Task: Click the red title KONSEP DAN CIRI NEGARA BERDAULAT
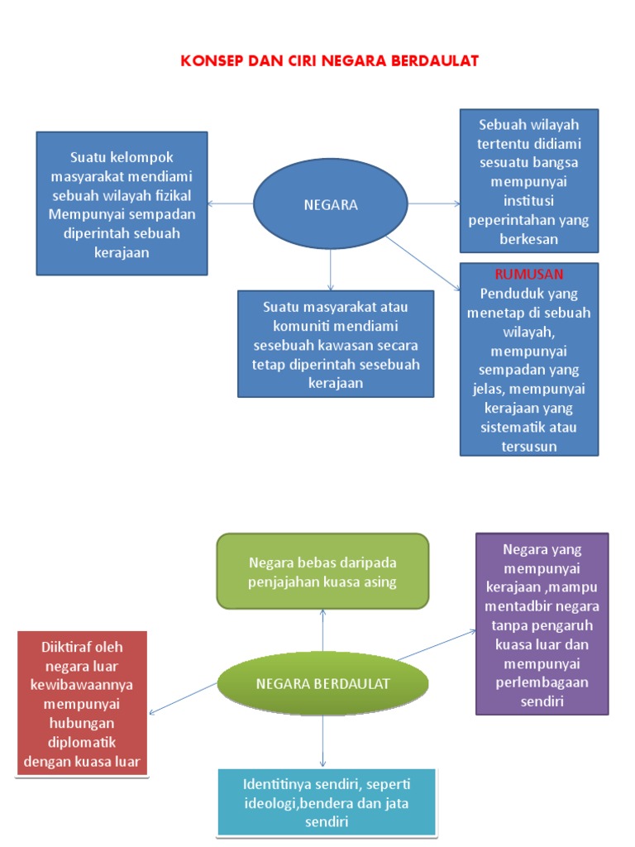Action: point(330,60)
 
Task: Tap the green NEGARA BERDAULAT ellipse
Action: point(322,684)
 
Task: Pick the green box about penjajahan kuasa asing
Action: point(322,572)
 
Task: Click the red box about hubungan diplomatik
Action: point(82,703)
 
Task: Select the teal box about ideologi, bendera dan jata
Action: point(326,802)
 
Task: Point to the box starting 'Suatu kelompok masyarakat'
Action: point(122,203)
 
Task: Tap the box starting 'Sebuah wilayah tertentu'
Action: point(529,181)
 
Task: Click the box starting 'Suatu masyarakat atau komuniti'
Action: point(335,344)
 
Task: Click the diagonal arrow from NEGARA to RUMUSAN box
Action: point(423,262)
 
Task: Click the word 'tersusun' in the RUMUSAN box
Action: point(529,447)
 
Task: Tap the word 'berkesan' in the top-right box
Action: point(529,238)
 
